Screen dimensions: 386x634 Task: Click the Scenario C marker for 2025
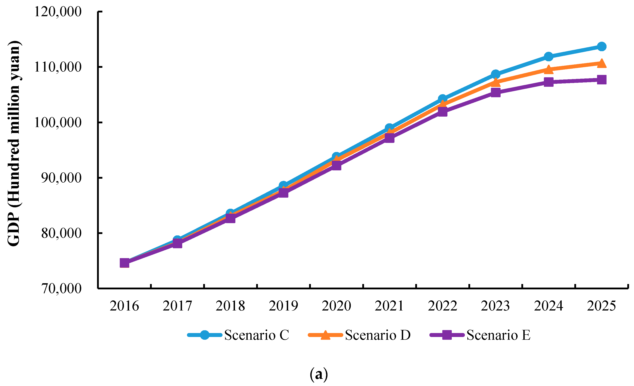(x=602, y=47)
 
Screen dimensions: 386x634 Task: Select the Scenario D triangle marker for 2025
(x=602, y=63)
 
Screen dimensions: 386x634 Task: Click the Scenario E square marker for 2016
(x=125, y=263)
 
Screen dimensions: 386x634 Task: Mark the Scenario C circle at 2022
(x=442, y=99)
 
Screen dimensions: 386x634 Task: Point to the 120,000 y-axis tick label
(x=58, y=12)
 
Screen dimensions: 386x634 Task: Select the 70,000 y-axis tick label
(x=61, y=288)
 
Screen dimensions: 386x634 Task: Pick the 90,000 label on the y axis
(x=61, y=177)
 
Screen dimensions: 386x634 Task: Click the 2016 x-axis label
(x=124, y=306)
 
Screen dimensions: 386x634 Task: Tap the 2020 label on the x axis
(x=336, y=306)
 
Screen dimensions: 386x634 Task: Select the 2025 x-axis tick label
(x=601, y=306)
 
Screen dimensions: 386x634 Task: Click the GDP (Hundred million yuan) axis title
(x=14, y=143)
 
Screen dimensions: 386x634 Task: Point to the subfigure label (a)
(x=319, y=374)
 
